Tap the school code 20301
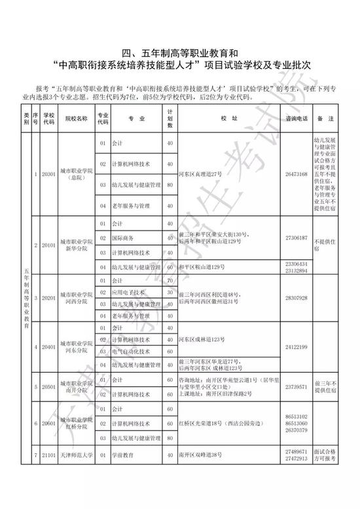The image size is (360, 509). [48, 174]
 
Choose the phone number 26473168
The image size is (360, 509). [297, 174]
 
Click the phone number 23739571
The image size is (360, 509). [297, 386]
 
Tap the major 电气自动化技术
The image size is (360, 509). [129, 350]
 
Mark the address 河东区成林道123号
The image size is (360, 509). [202, 339]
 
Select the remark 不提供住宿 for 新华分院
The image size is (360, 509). [325, 245]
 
